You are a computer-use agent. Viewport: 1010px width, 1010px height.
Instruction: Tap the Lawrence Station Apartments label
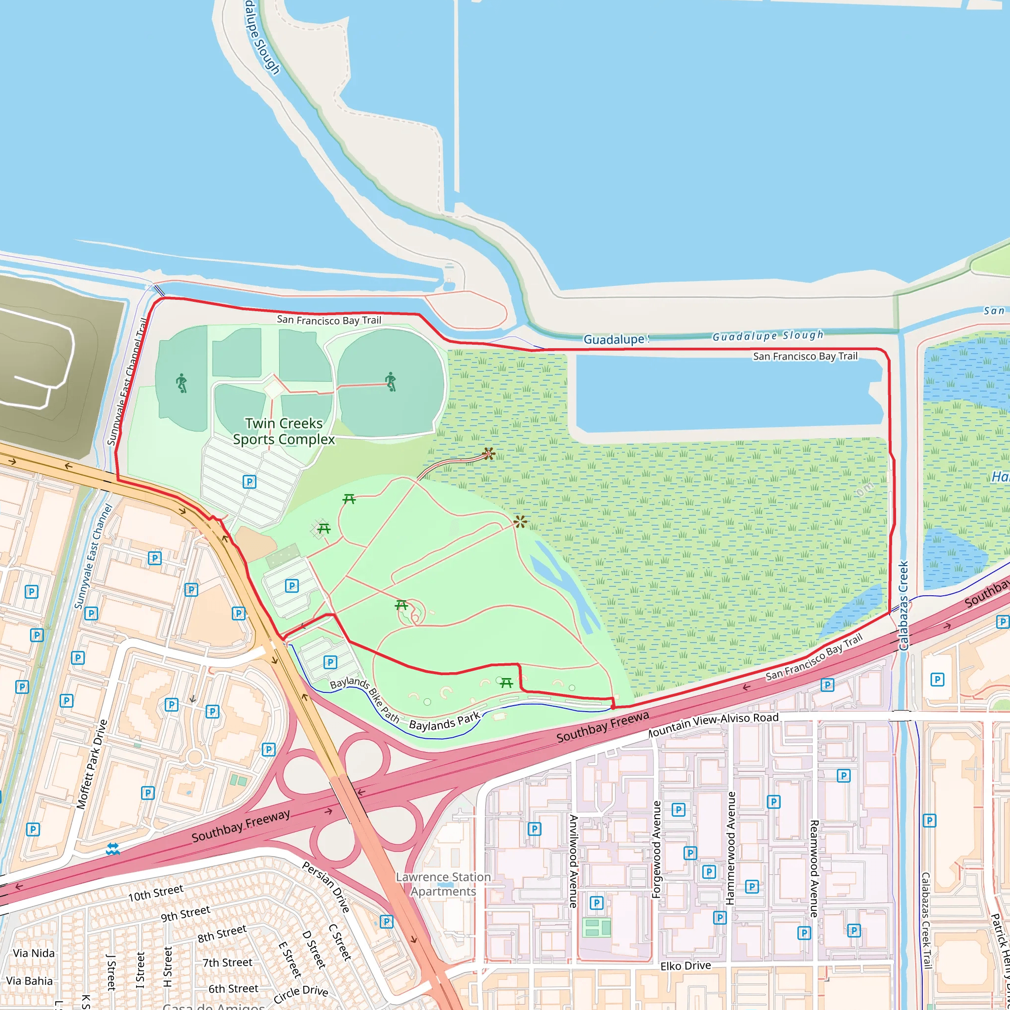pyautogui.click(x=443, y=884)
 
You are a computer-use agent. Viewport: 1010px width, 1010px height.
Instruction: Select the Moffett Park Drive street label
pyautogui.click(x=92, y=764)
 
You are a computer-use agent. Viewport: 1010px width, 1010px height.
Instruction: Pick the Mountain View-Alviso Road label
pyautogui.click(x=713, y=723)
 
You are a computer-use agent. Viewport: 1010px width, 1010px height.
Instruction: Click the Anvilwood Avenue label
pyautogui.click(x=574, y=861)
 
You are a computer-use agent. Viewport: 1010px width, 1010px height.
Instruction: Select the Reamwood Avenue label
pyautogui.click(x=814, y=868)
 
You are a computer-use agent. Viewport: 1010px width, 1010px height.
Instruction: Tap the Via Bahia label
pyautogui.click(x=29, y=981)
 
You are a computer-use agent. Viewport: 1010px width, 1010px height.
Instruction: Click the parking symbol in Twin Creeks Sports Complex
pyautogui.click(x=250, y=481)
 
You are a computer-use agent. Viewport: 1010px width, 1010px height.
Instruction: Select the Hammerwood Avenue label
pyautogui.click(x=730, y=848)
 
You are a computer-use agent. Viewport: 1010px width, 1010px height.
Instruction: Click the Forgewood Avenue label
pyautogui.click(x=656, y=850)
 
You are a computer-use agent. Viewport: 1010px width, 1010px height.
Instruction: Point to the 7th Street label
pyautogui.click(x=227, y=963)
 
